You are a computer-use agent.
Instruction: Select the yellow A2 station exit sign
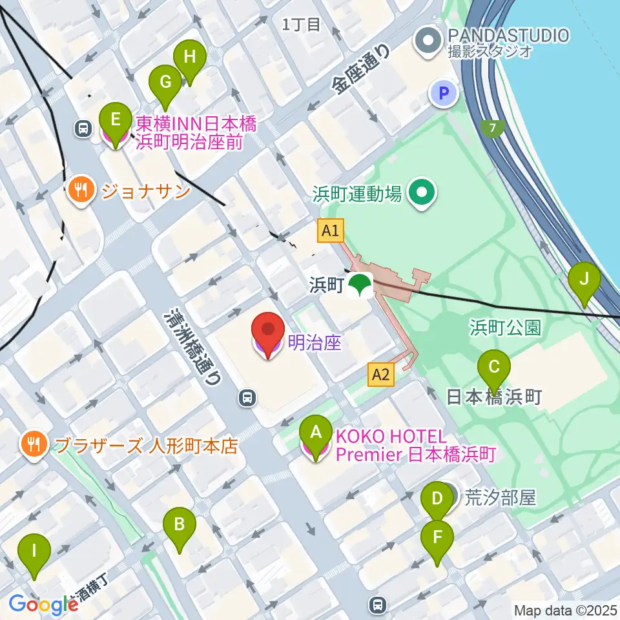pos(381,375)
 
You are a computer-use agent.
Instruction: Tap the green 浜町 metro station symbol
pos(360,285)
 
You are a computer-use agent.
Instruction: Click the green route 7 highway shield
pos(493,128)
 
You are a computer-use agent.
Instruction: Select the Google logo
pos(43,604)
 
